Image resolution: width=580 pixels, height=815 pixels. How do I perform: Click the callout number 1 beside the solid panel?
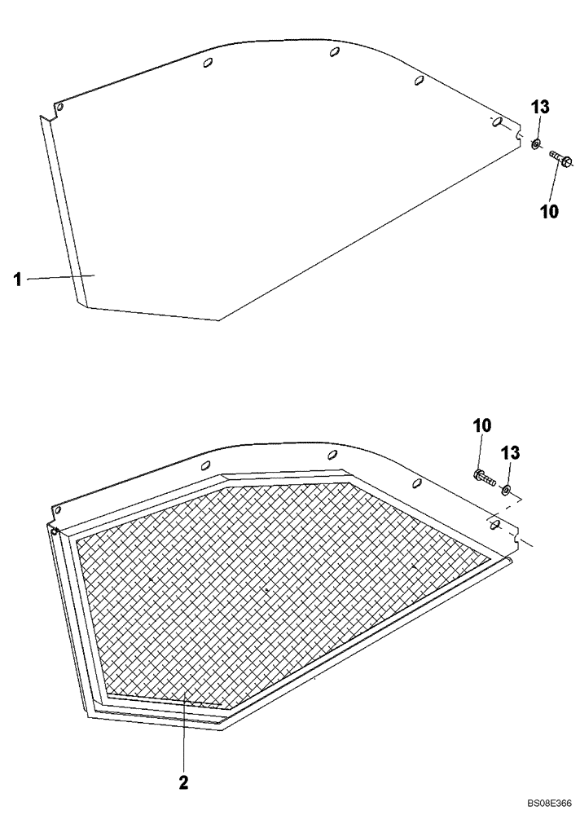tap(16, 279)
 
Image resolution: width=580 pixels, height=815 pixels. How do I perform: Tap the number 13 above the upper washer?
tap(541, 108)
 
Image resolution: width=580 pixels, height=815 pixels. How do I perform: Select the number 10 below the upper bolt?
tap(549, 212)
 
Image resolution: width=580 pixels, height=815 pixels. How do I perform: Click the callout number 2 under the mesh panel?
tap(183, 760)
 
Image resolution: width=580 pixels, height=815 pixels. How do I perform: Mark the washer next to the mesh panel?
tap(507, 490)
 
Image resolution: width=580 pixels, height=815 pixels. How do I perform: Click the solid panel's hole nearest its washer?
tap(495, 123)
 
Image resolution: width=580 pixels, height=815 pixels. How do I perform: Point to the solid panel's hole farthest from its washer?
tap(58, 107)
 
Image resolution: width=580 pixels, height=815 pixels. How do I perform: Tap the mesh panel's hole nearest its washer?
tap(494, 526)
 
